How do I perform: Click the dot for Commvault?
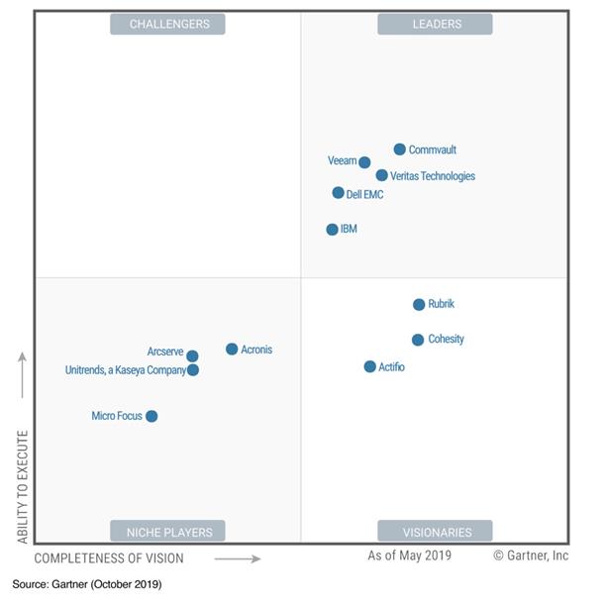(400, 150)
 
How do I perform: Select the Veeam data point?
(364, 162)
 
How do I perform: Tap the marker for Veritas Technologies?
(382, 175)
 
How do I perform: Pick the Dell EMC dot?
(339, 193)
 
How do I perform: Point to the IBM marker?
(333, 230)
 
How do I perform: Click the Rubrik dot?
(419, 305)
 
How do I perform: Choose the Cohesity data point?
(418, 340)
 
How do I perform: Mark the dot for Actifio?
(370, 366)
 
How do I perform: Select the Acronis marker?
(232, 350)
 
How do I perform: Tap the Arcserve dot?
(192, 356)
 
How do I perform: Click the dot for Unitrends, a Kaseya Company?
(193, 370)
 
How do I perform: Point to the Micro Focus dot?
(152, 416)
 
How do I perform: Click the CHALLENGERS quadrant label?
(167, 24)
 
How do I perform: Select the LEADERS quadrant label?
(435, 24)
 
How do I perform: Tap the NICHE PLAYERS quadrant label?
(167, 532)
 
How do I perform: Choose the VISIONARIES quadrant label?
(435, 532)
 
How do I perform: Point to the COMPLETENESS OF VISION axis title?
(110, 558)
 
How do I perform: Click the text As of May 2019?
(408, 556)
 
